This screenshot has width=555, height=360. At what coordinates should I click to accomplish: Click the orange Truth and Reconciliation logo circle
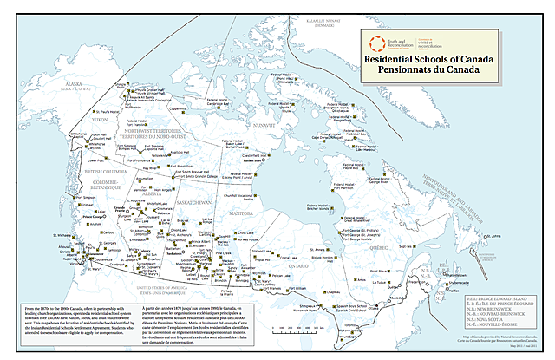coord(375,43)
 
